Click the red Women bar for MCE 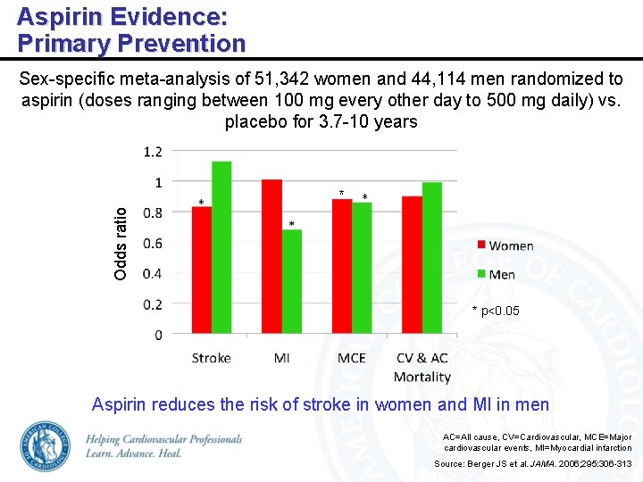click(x=342, y=267)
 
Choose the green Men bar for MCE click(x=362, y=269)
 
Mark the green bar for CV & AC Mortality click(x=432, y=259)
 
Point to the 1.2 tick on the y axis click(x=153, y=152)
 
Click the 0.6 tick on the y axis click(x=153, y=243)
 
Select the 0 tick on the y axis click(x=158, y=335)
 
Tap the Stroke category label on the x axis click(x=211, y=358)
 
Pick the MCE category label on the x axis click(x=352, y=358)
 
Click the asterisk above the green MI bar click(x=291, y=224)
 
